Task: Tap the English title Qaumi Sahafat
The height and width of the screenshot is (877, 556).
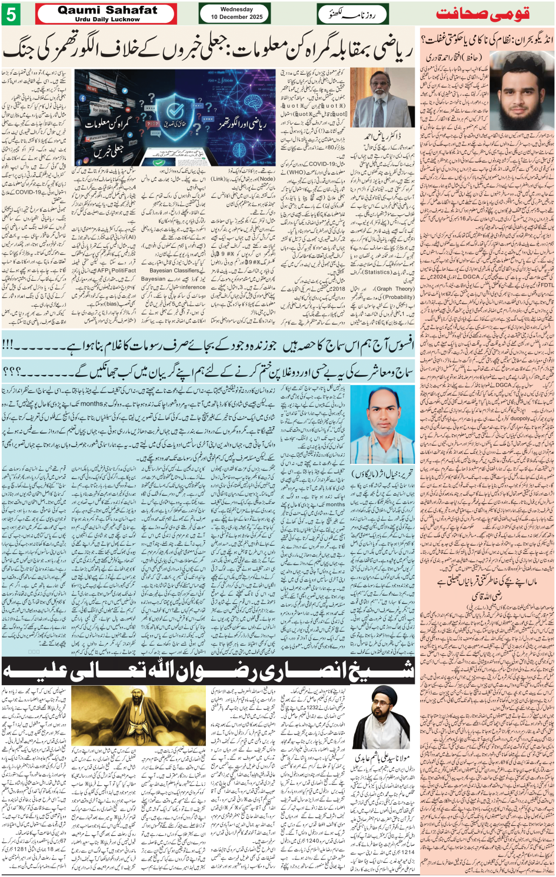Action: [107, 10]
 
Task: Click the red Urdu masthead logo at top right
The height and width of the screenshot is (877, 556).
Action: [482, 14]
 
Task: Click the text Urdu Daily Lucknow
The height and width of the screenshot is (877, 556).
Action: [107, 19]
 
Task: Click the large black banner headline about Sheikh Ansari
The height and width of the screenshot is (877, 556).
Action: [208, 670]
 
